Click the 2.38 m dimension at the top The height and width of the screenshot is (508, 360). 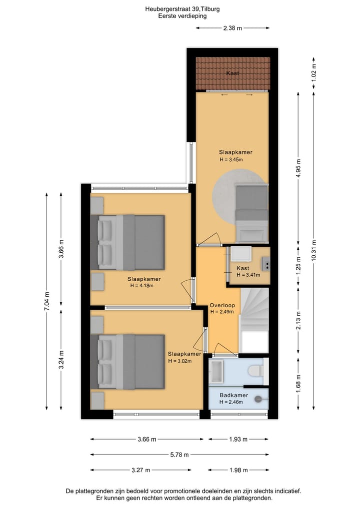click(232, 28)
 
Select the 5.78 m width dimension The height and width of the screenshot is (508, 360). click(179, 455)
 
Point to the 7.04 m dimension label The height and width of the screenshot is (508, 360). click(47, 301)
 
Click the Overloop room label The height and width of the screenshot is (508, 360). click(221, 304)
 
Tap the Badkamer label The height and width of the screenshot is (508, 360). click(234, 395)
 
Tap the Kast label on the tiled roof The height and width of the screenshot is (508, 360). click(232, 73)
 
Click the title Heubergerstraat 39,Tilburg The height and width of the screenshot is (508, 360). click(182, 8)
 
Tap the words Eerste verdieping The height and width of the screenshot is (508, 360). click(182, 16)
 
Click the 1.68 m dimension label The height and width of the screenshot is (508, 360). click(298, 384)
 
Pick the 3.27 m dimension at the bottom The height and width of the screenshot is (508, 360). click(140, 470)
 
